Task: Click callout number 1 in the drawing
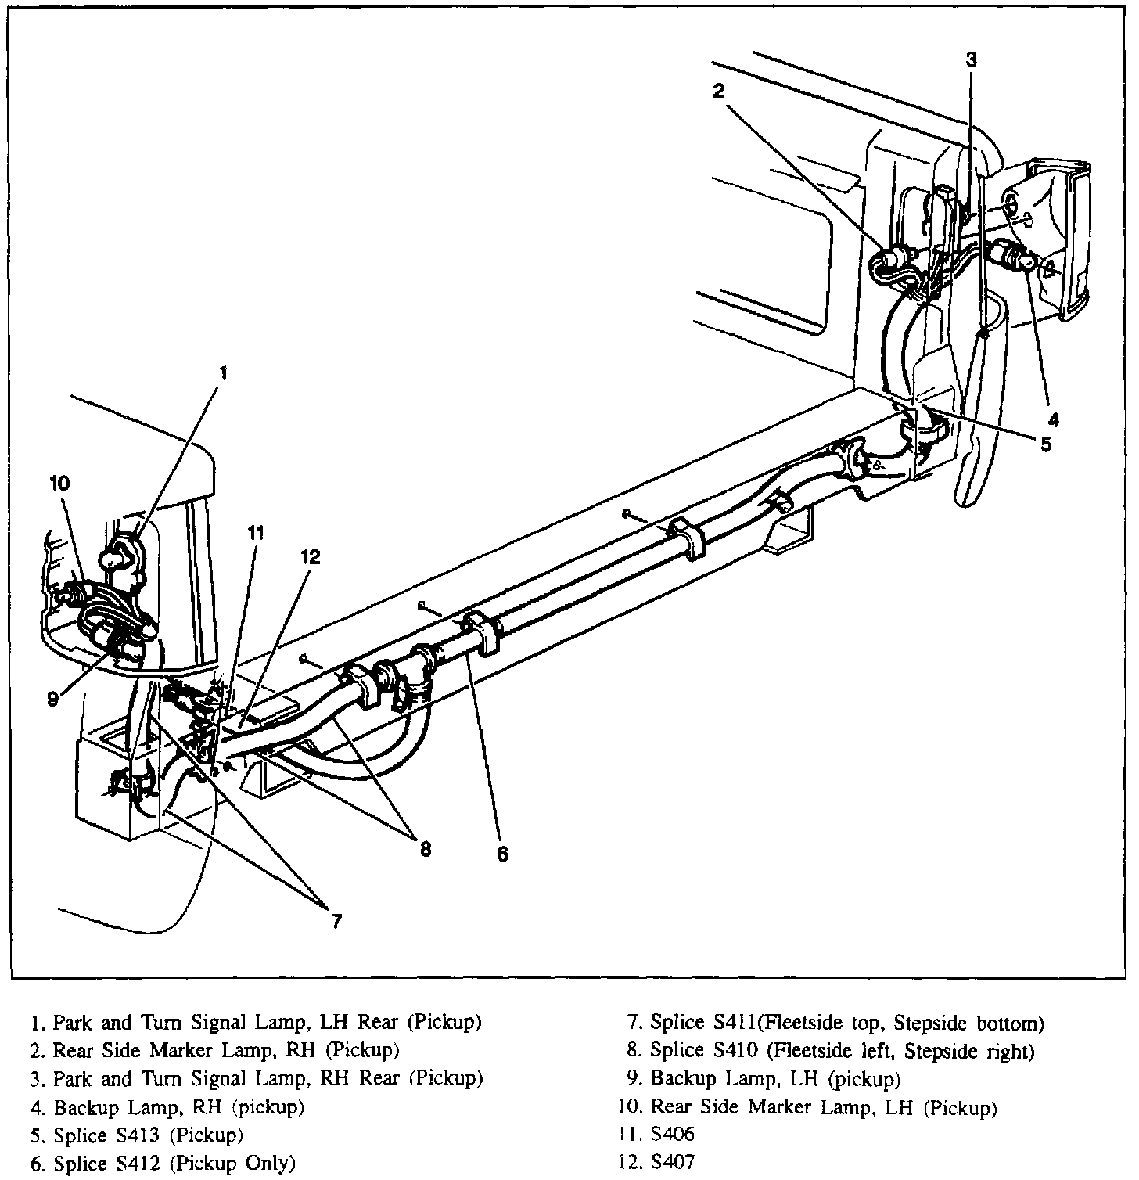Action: click(223, 372)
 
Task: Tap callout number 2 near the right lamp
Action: click(719, 91)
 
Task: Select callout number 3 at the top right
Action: click(971, 59)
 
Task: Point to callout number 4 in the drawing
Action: click(1054, 420)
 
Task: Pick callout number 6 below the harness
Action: click(502, 854)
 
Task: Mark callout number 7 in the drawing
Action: click(336, 921)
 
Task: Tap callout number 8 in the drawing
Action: click(425, 849)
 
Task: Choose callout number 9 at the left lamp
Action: click(52, 699)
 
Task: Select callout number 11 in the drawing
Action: click(256, 534)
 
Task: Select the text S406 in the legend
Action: click(672, 1135)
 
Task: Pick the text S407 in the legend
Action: click(672, 1164)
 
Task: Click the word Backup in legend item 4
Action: click(82, 1107)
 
